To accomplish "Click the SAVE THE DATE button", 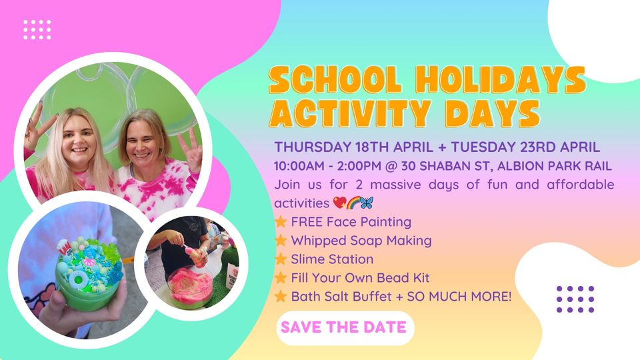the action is pyautogui.click(x=345, y=328).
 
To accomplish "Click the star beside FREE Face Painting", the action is pyautogui.click(x=281, y=221).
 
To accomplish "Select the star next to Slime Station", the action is pyautogui.click(x=281, y=259).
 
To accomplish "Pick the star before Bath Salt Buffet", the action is pyautogui.click(x=281, y=296).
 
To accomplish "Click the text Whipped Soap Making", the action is pyautogui.click(x=361, y=241).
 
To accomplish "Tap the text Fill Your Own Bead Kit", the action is pyautogui.click(x=360, y=278).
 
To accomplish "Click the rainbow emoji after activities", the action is pyautogui.click(x=353, y=203).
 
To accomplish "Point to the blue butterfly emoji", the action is pyautogui.click(x=367, y=203).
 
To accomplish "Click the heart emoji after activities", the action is pyautogui.click(x=339, y=203).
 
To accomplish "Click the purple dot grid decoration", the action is pyautogui.click(x=575, y=299).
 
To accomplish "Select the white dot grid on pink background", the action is pyautogui.click(x=37, y=29).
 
